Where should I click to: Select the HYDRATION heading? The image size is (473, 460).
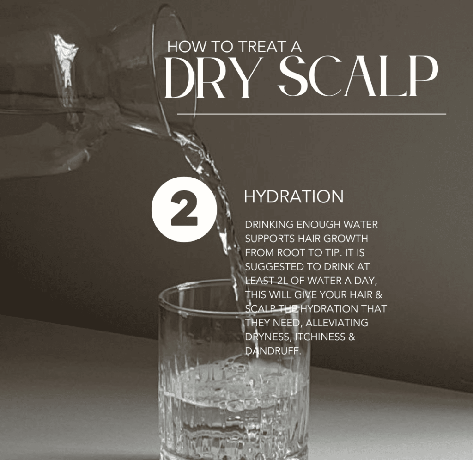293,196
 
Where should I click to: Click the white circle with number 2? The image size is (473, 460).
184,209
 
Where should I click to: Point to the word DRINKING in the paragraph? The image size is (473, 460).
269,225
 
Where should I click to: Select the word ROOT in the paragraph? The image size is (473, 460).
291,252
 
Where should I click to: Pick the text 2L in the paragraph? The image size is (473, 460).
281,281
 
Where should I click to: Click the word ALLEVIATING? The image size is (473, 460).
337,323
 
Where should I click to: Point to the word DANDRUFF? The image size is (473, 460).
273,351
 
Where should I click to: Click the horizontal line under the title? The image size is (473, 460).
311,114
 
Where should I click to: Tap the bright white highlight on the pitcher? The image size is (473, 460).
65,61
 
